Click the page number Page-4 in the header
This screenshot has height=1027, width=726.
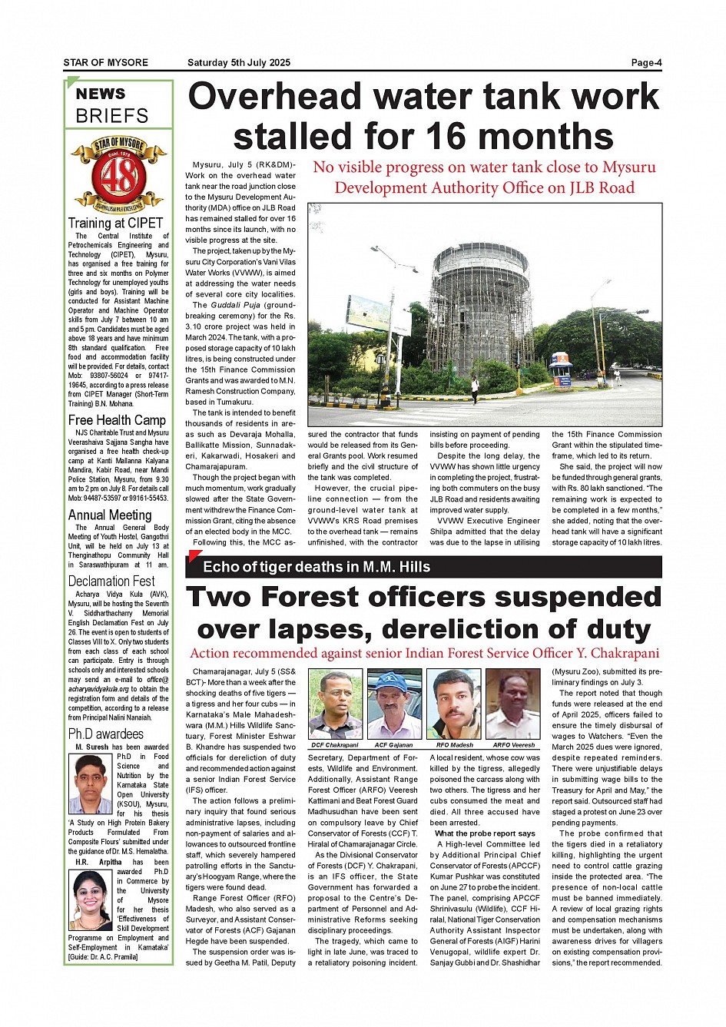(x=646, y=63)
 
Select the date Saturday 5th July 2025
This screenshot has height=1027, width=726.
(x=239, y=63)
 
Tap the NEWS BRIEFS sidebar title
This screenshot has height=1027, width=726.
(x=112, y=105)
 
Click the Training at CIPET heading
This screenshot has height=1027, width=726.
(x=115, y=224)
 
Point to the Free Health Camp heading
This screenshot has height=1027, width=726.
(x=117, y=420)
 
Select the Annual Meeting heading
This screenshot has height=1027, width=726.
(x=110, y=515)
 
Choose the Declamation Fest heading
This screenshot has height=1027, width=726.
(x=111, y=581)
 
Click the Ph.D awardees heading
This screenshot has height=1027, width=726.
(x=106, y=734)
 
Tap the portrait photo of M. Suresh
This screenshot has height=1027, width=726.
(x=91, y=784)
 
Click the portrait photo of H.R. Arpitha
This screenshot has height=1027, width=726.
(x=91, y=900)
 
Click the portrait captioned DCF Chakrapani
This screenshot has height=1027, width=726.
(x=335, y=704)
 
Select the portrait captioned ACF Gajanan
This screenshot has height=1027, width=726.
(x=394, y=704)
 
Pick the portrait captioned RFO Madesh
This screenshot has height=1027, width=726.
(x=453, y=704)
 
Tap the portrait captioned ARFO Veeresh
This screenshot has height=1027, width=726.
(x=513, y=704)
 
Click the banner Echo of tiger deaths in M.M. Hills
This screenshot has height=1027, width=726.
(x=317, y=567)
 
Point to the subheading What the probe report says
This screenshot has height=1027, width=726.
(x=485, y=833)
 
